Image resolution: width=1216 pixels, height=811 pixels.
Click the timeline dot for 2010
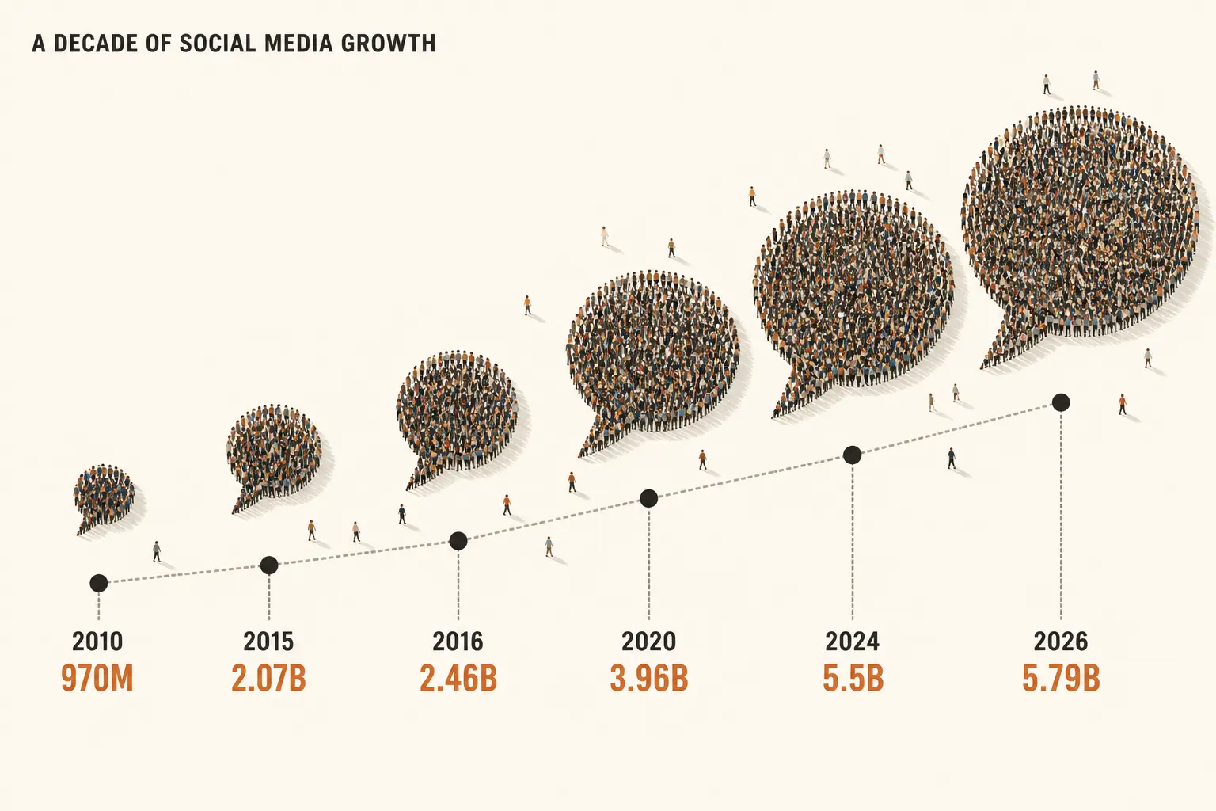pos(98,584)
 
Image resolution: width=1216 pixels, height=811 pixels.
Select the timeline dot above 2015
pos(269,565)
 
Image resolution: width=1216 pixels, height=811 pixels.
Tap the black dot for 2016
pos(458,541)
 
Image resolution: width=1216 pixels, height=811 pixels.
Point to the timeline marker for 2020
pos(648,498)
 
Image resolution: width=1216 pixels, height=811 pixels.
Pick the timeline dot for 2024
pos(853,455)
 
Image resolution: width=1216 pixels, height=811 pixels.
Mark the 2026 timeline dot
pos(1061,402)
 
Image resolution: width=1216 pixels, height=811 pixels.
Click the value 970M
pos(97,678)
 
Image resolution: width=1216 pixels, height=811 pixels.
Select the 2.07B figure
pos(268,678)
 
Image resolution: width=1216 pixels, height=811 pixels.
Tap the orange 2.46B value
pos(458,678)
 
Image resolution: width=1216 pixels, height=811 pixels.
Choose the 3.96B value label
pos(648,678)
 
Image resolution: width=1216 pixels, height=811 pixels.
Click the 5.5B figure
pos(853,678)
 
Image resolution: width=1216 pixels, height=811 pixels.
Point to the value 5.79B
pos(1062,678)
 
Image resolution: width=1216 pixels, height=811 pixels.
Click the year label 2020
pos(648,642)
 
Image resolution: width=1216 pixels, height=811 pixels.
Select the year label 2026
pos(1061,642)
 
